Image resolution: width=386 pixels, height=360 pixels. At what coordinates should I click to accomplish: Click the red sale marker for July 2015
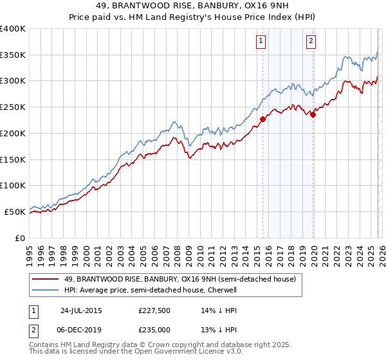(262, 119)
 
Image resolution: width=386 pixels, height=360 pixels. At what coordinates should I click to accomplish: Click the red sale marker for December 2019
(313, 115)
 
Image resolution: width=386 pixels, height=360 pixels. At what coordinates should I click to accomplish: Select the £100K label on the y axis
(13, 185)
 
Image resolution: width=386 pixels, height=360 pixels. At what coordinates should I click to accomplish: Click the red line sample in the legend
(46, 280)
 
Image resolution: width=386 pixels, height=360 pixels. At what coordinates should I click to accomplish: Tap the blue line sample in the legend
(46, 291)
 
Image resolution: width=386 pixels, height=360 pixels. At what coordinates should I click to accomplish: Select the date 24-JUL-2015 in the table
(80, 310)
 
